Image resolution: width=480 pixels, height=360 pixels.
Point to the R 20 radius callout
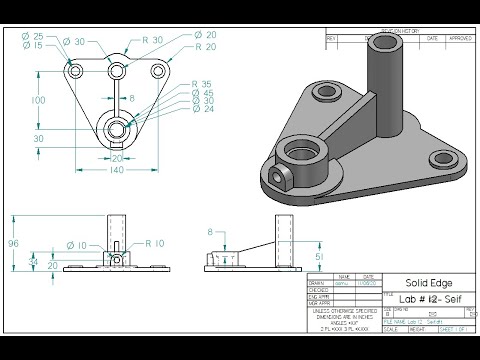(x=206, y=47)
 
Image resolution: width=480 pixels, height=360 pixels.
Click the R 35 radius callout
(x=200, y=84)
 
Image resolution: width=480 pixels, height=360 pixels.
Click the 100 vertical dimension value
(x=37, y=101)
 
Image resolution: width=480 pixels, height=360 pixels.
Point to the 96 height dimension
(x=14, y=242)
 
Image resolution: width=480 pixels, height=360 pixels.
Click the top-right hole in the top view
(x=157, y=72)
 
